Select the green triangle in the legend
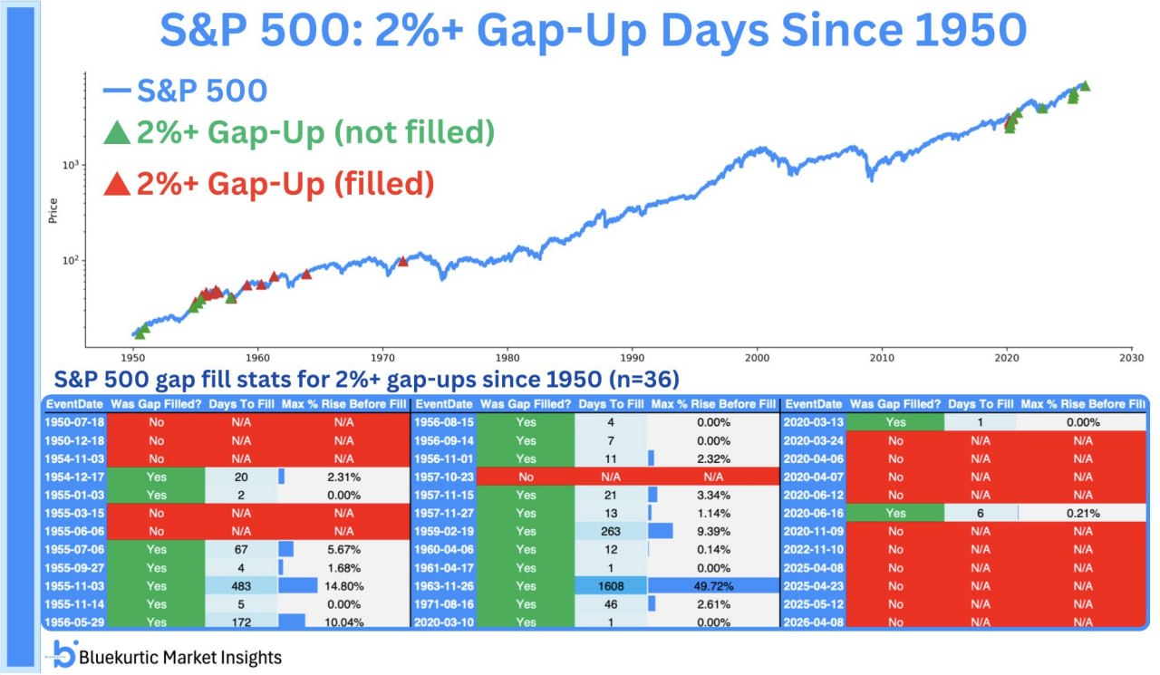[117, 133]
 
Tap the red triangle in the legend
[117, 185]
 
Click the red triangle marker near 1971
[403, 261]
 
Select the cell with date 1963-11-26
[443, 585]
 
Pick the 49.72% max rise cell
[714, 585]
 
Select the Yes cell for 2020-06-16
[894, 513]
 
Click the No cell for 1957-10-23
[526, 477]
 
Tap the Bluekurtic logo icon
[65, 653]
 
